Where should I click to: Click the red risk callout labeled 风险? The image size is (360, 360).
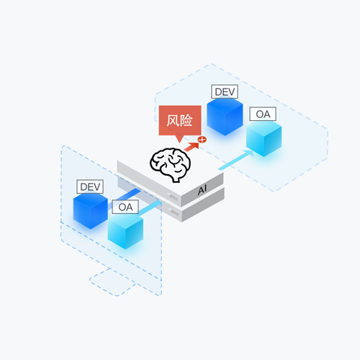[x=180, y=120]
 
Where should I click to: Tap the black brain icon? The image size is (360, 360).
[x=171, y=165]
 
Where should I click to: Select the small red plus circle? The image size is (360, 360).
[x=202, y=140]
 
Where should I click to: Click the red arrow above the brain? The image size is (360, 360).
[x=192, y=147]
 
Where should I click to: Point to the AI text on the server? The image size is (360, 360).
[x=202, y=190]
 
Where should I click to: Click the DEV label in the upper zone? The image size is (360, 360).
[x=225, y=91]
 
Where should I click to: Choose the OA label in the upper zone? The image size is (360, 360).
[x=263, y=114]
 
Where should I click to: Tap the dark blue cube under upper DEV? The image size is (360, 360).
[x=225, y=117]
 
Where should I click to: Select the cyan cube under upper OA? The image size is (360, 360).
[x=264, y=139]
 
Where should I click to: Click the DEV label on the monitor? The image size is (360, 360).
[x=90, y=186]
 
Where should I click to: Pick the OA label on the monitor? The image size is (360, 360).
[x=125, y=207]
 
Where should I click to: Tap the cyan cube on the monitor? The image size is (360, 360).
[x=125, y=231]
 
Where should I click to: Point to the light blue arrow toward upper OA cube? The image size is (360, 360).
[x=236, y=160]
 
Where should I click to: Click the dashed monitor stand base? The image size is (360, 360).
[x=112, y=282]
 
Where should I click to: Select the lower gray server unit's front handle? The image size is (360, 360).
[x=174, y=212]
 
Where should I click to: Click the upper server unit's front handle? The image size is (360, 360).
[x=173, y=197]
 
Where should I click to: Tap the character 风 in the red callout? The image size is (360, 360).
[x=173, y=120]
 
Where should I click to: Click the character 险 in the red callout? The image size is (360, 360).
[x=186, y=120]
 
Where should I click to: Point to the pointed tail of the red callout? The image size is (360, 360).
[x=179, y=143]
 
